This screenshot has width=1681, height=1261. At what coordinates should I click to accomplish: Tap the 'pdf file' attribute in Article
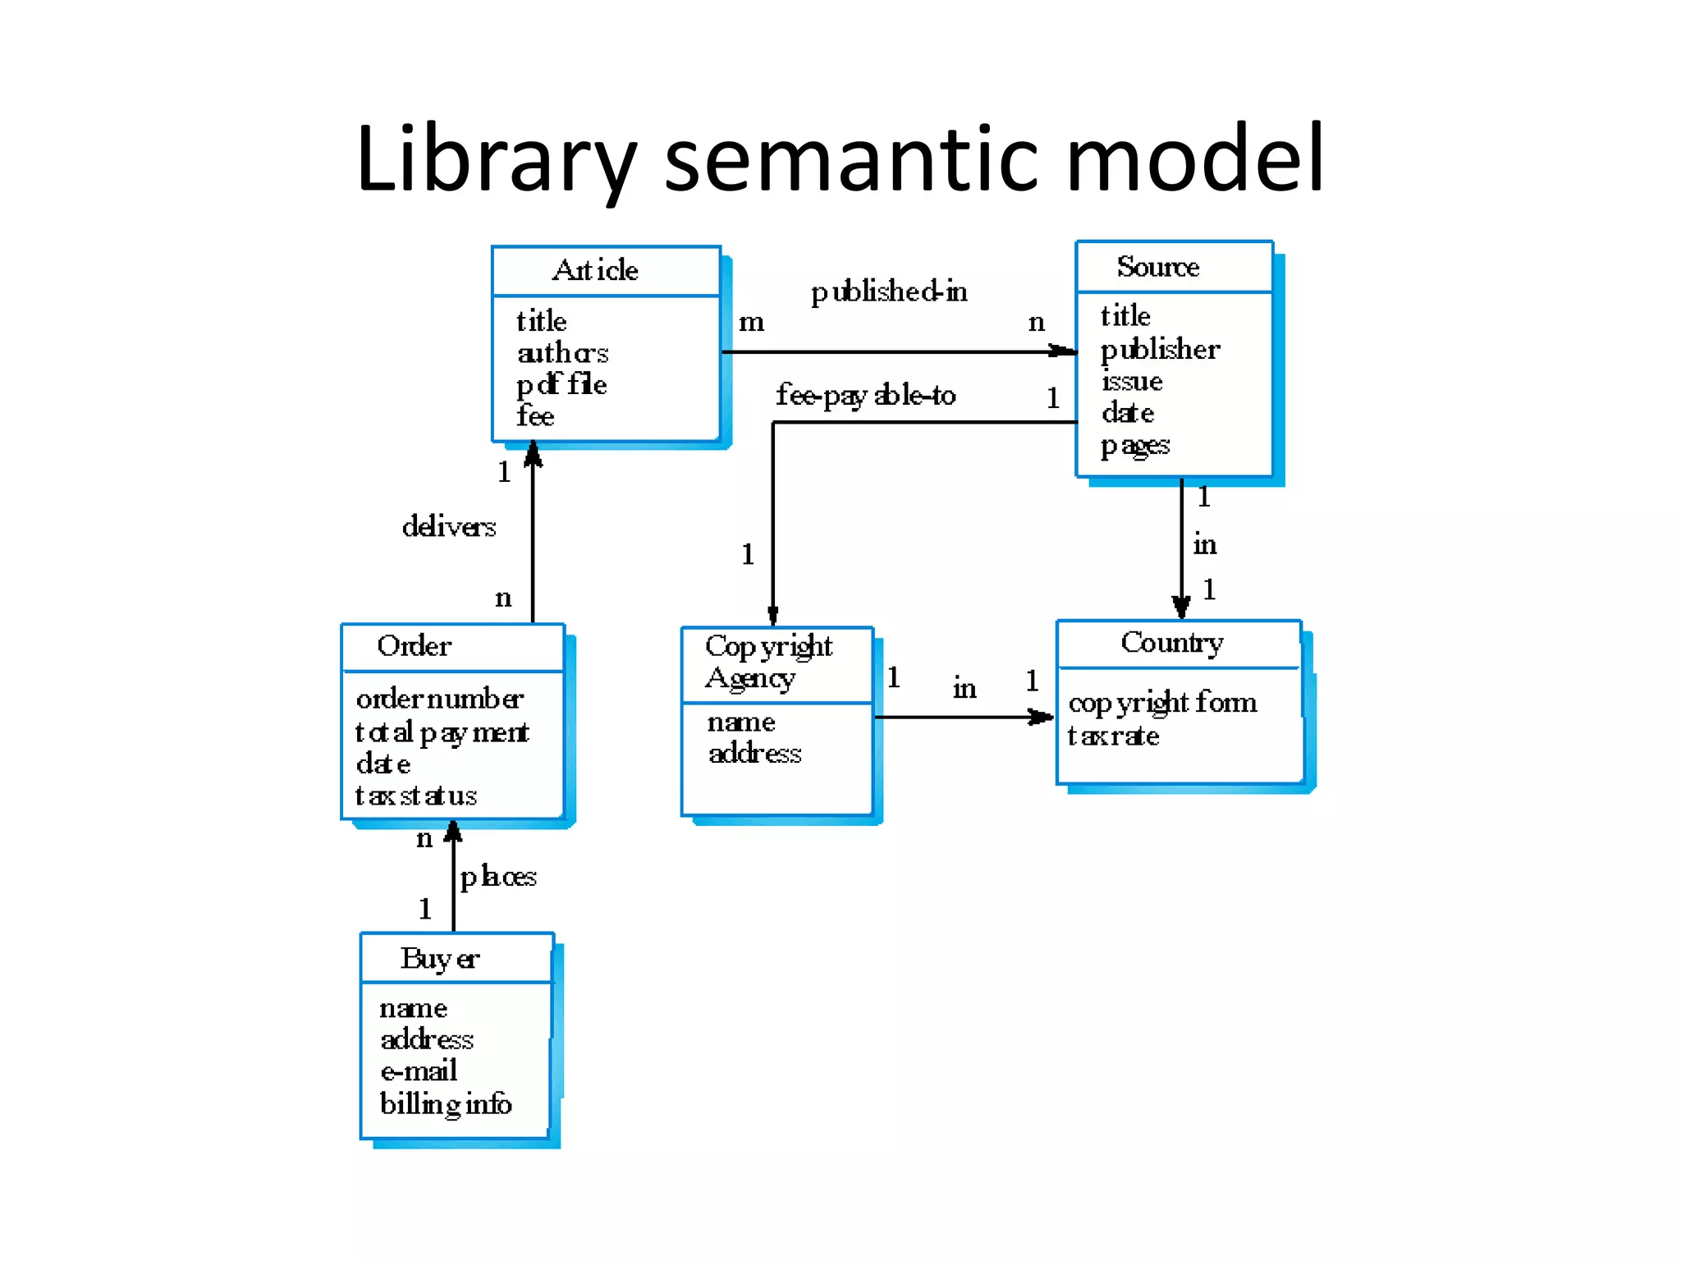click(561, 384)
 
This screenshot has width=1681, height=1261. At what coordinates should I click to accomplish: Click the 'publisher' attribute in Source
click(1160, 350)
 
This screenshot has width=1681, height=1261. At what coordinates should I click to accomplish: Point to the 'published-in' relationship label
click(889, 291)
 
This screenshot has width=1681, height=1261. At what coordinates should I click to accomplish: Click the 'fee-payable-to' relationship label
click(865, 396)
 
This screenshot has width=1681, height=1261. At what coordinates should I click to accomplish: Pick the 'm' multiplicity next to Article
click(751, 322)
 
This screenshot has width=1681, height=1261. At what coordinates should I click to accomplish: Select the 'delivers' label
click(449, 526)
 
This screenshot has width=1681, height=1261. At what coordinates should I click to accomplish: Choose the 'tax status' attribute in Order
click(415, 796)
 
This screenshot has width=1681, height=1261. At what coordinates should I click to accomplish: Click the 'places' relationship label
click(497, 877)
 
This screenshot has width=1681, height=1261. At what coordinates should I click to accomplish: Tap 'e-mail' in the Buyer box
click(419, 1071)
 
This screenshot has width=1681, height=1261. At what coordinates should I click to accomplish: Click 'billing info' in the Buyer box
click(445, 1104)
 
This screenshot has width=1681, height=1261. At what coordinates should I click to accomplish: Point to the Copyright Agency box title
click(768, 662)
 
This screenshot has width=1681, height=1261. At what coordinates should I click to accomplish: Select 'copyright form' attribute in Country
click(1162, 703)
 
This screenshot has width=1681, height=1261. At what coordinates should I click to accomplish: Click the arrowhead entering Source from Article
click(1064, 351)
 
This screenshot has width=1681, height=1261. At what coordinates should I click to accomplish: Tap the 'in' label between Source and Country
click(1204, 544)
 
